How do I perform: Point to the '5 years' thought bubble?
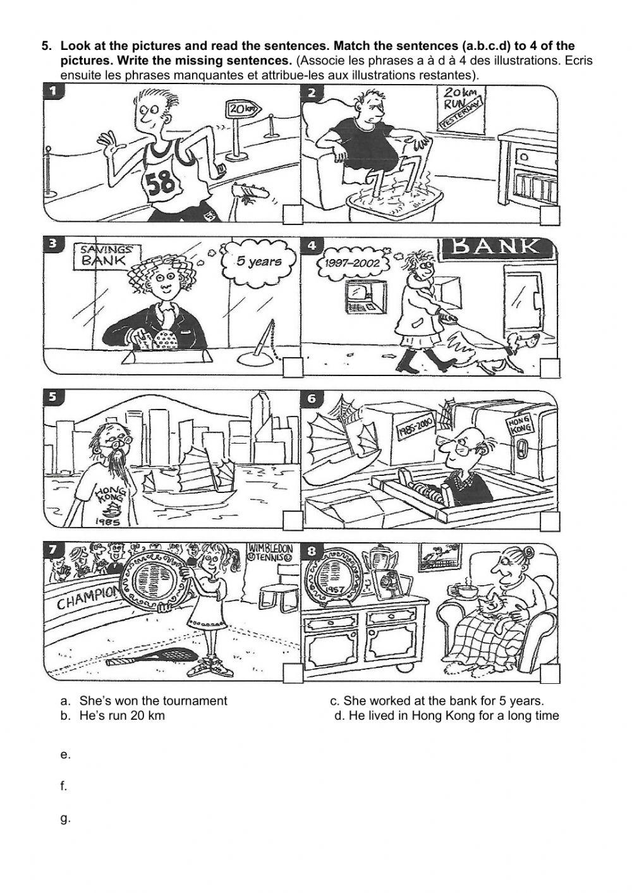[260, 260]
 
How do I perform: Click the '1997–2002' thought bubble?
[351, 262]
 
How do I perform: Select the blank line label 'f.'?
[64, 787]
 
